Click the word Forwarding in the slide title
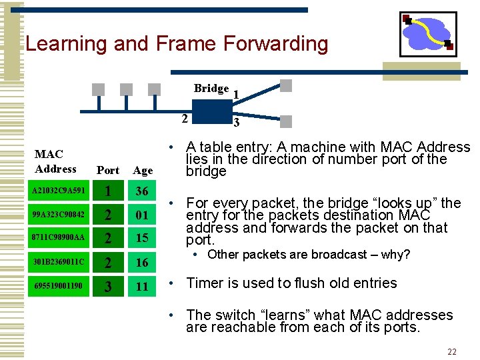[x=275, y=44]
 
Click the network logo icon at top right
[x=427, y=34]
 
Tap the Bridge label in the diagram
[x=211, y=89]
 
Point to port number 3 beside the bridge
[x=236, y=123]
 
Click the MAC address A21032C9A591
[x=59, y=191]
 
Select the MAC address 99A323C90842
[x=59, y=215]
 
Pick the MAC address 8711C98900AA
[x=59, y=237]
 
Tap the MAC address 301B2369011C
[x=59, y=261]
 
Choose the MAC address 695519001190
[x=59, y=285]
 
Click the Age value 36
[x=142, y=191]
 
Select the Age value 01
[x=142, y=215]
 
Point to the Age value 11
[x=142, y=287]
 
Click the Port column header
[x=107, y=170]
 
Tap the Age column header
[x=143, y=170]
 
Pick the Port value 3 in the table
[x=108, y=287]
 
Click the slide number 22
[x=452, y=351]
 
